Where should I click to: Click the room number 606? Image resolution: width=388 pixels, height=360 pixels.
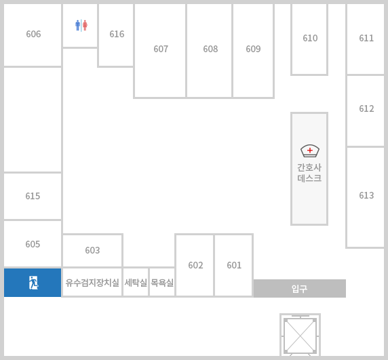tap(33, 34)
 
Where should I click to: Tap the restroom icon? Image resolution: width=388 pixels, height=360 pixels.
tap(81, 25)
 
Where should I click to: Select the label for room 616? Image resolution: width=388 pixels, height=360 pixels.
tap(117, 34)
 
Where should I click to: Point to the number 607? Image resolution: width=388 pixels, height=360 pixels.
tap(161, 49)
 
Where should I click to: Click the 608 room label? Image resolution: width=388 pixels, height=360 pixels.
tap(210, 49)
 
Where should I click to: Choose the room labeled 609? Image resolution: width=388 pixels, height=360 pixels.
tap(253, 49)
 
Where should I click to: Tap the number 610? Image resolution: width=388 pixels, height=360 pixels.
tap(310, 38)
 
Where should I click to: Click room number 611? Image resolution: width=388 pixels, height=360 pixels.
tap(366, 38)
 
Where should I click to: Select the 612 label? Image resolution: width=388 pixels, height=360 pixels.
tap(366, 108)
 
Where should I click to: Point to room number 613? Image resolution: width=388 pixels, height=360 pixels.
tap(366, 195)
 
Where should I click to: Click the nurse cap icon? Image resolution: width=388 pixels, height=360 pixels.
tap(310, 151)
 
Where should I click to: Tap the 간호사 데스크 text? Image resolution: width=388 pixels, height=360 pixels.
tap(309, 173)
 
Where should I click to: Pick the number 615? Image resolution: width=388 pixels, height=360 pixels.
tap(33, 196)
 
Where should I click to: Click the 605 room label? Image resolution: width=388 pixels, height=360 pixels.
tap(33, 244)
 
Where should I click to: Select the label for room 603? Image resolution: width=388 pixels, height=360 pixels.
tap(92, 250)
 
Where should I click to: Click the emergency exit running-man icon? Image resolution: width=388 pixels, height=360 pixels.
tap(33, 283)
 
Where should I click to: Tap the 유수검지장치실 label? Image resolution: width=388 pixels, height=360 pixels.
tap(92, 283)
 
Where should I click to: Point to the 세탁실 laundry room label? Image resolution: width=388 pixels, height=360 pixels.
tap(136, 283)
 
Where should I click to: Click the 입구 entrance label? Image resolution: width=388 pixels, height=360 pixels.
tap(299, 289)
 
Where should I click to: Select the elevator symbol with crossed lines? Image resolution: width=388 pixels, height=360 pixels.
tap(300, 336)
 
